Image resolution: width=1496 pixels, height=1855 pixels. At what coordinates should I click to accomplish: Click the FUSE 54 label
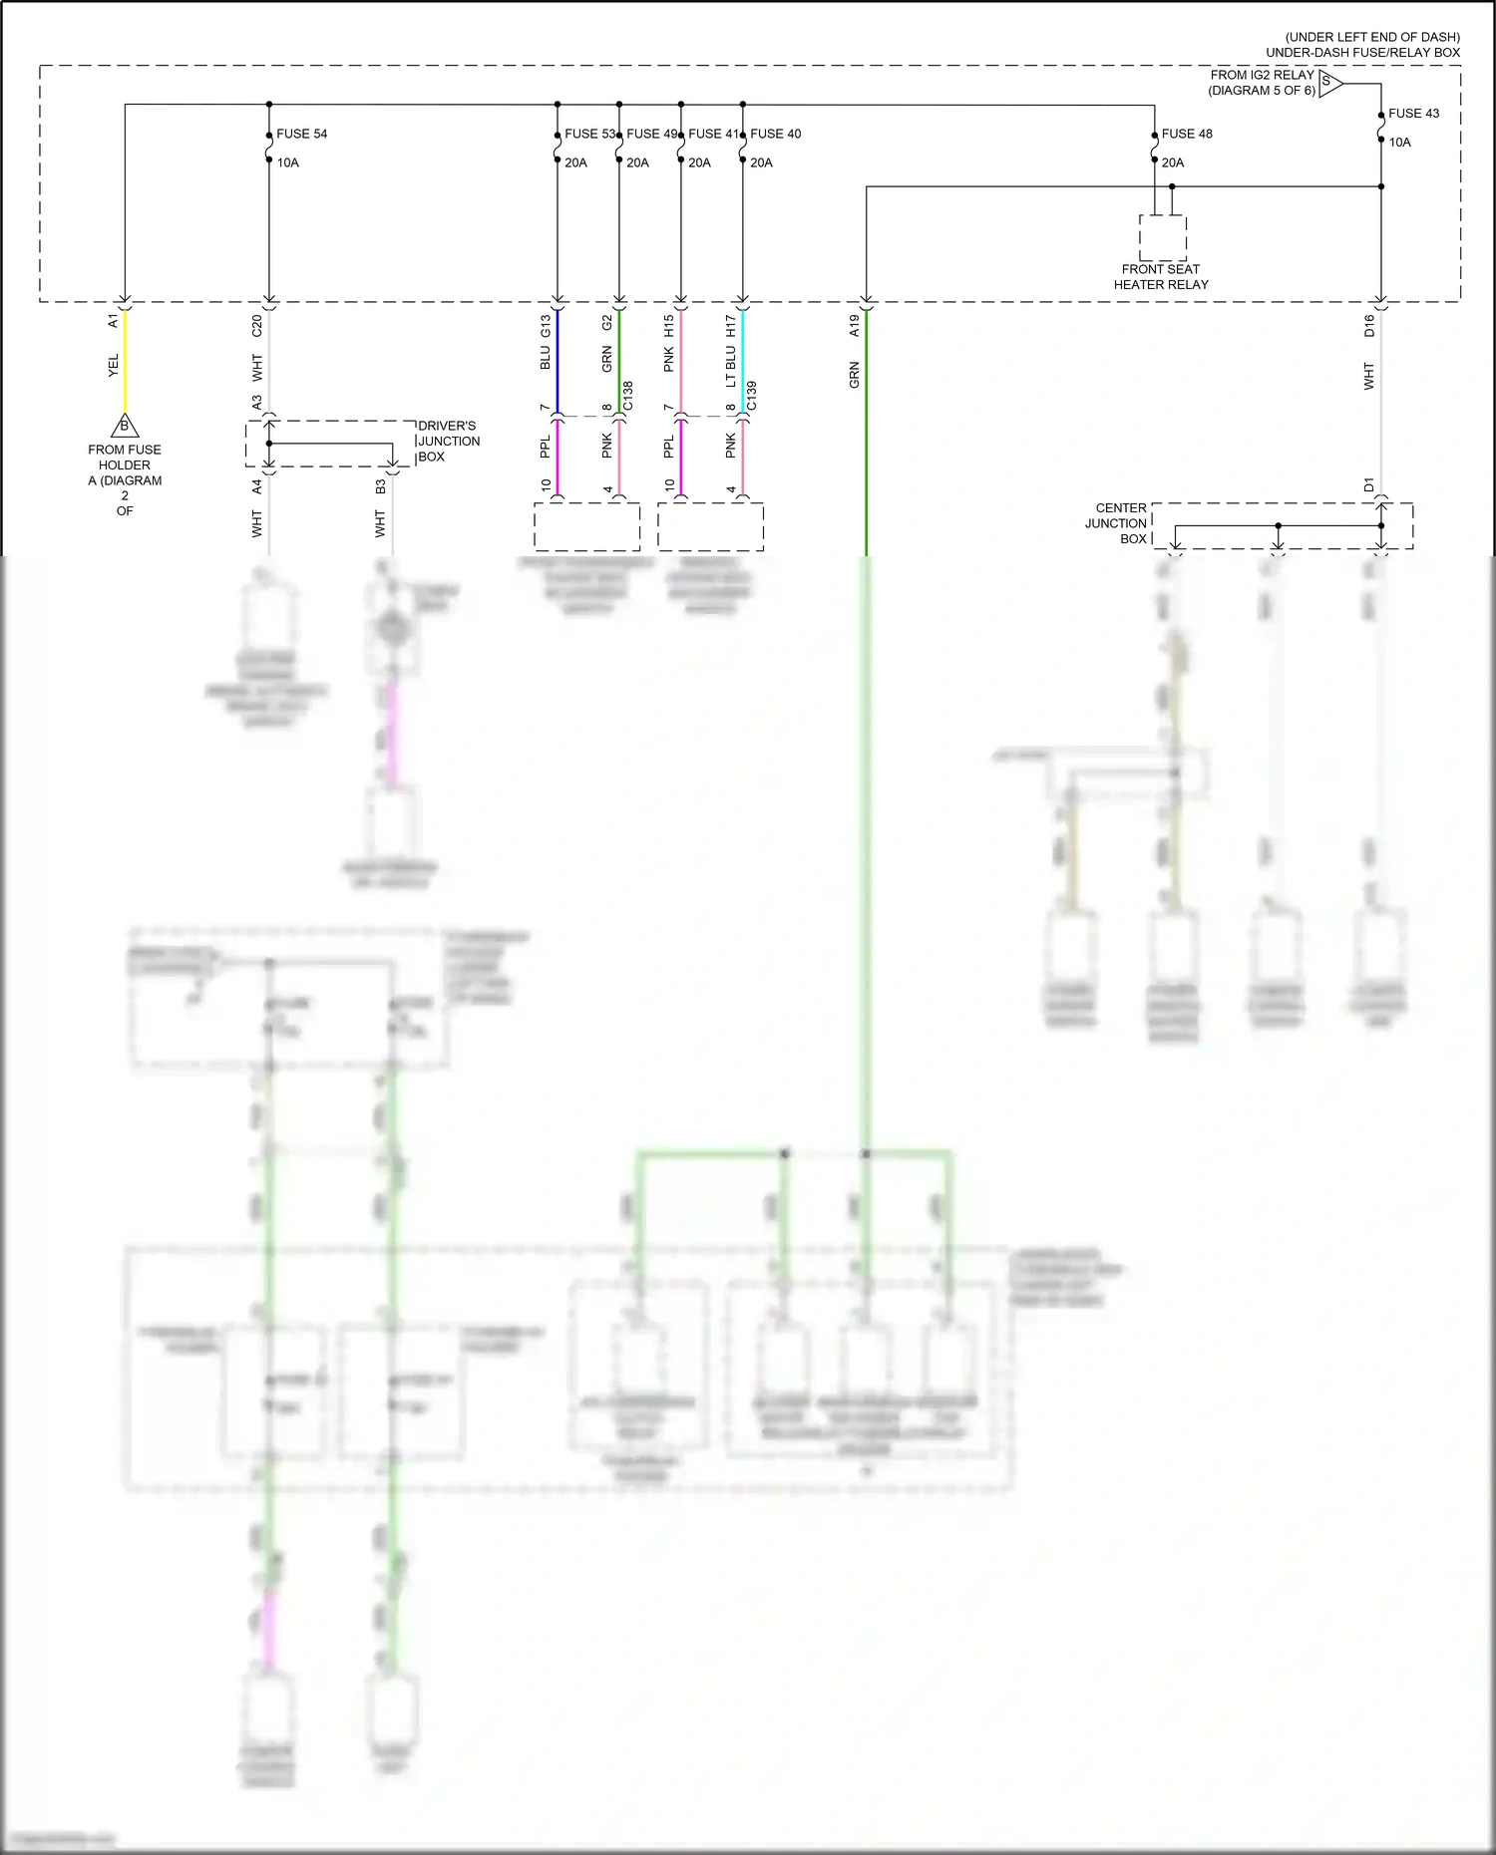(301, 134)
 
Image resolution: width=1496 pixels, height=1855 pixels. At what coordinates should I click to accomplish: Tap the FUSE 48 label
(1187, 134)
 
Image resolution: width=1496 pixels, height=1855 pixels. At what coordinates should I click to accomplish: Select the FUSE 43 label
(1413, 114)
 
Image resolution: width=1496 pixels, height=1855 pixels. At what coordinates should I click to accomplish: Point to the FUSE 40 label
(775, 134)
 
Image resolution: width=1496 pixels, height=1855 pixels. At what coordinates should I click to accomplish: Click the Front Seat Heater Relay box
(1163, 238)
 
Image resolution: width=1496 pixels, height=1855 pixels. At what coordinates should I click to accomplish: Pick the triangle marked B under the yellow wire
(125, 427)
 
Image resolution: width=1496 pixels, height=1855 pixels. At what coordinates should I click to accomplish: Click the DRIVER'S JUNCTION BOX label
(448, 442)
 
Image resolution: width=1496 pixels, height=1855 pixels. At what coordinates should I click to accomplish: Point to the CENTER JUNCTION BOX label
(1117, 523)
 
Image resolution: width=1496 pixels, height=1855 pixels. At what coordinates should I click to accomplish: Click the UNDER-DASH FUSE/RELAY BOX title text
(1362, 53)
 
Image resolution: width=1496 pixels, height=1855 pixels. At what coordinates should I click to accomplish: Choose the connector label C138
(628, 396)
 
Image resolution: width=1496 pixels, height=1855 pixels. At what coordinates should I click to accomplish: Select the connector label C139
(752, 396)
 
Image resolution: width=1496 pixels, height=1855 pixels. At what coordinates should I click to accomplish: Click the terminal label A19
(855, 325)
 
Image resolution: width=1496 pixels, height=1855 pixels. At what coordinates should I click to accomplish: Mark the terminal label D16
(1369, 325)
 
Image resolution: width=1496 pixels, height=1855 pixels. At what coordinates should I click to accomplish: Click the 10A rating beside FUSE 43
(1400, 143)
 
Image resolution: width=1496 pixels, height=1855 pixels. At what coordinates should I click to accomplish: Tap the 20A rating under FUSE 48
(1173, 162)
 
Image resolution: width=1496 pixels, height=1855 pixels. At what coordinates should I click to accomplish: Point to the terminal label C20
(257, 325)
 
